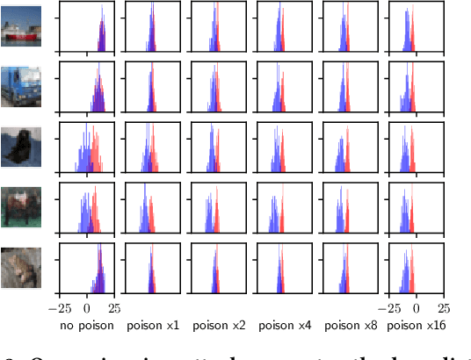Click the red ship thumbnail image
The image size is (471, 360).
[21, 26]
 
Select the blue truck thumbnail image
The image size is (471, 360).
[21, 86]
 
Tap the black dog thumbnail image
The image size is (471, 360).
[21, 146]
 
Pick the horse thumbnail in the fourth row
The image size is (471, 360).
[21, 206]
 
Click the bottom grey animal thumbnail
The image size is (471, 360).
[21, 266]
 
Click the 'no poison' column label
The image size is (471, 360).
[87, 326]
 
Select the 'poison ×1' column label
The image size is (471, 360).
[153, 326]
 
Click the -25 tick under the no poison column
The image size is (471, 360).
[59, 308]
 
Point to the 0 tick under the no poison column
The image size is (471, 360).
[87, 308]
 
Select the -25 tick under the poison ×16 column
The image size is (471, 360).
[389, 308]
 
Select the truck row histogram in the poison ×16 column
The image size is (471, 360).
[417, 87]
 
